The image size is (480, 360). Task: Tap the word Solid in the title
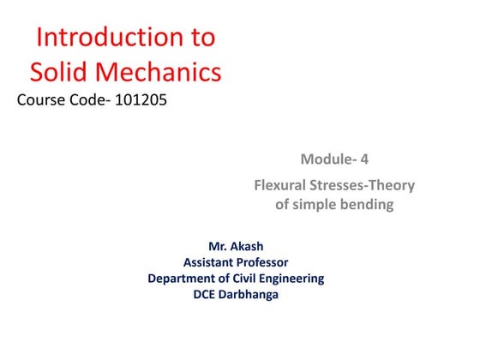pos(60,71)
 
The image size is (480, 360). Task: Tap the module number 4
pos(361,159)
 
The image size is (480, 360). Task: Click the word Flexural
pos(285,185)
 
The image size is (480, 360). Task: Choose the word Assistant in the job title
pos(210,262)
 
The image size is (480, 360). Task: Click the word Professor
pos(264,262)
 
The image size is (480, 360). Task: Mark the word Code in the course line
pos(90,100)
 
